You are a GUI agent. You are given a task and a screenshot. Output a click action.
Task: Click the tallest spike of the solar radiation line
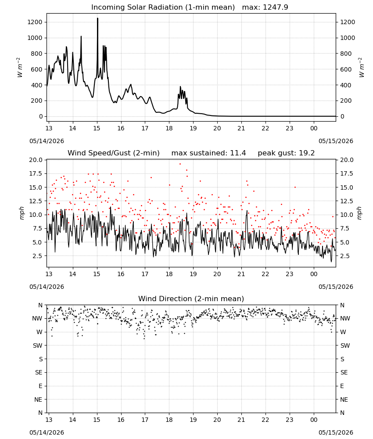pos(98,18)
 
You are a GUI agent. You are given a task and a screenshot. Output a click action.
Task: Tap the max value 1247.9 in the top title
pos(275,7)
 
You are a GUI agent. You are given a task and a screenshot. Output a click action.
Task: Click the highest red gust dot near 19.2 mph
pos(180,164)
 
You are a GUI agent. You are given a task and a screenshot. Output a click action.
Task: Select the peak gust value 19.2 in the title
pos(307,153)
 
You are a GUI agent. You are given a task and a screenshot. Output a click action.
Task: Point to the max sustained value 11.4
pos(238,153)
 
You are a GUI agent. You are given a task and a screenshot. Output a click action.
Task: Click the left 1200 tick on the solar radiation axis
pos(35,22)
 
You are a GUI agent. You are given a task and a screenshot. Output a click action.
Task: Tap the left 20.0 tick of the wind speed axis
pos(36,160)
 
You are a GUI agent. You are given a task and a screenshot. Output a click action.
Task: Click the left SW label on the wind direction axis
pos(38,345)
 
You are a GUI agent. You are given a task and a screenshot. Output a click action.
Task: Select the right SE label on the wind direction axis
pos(344,372)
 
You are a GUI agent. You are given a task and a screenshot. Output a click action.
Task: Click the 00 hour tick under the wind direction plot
pos(314,419)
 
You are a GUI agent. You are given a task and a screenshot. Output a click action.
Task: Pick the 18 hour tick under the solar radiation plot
pos(169,128)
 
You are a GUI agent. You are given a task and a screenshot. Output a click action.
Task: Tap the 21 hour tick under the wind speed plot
pos(241,274)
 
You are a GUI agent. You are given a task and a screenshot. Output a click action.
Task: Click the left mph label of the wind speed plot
pos(22,213)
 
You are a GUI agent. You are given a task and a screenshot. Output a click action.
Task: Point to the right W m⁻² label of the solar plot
pos(361,68)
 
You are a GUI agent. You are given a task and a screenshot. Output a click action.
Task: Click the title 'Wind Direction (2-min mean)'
pos(191,299)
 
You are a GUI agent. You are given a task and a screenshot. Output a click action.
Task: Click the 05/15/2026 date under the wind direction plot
pos(336,432)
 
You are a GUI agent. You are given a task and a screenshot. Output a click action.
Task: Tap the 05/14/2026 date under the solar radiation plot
pos(47,141)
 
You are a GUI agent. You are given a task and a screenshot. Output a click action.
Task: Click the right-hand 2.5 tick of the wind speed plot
pos(345,256)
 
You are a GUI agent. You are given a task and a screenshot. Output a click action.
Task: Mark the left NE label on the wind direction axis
pos(38,399)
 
